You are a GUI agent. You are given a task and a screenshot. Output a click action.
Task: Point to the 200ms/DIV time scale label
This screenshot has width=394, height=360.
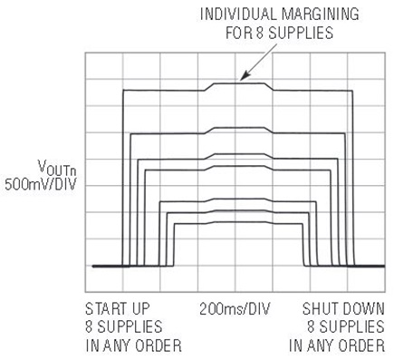coord(238,306)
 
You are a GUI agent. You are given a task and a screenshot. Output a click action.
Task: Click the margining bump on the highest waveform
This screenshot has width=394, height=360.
coord(240,84)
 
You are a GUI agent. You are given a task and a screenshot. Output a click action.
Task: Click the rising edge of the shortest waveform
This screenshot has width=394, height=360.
coord(175,245)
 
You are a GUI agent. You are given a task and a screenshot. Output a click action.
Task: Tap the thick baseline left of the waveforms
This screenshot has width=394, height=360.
coord(104,266)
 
